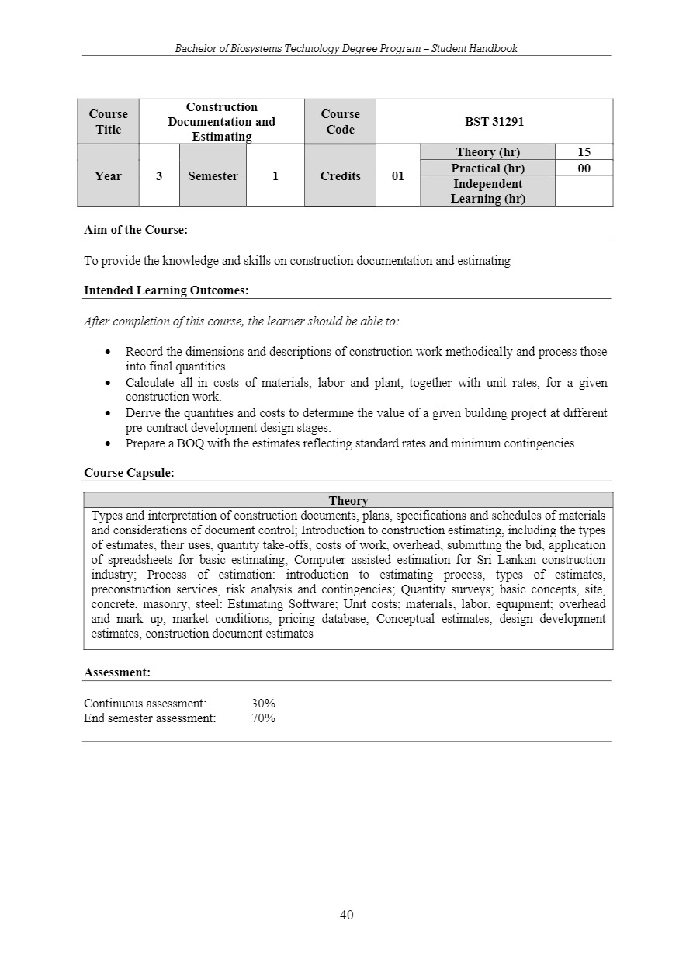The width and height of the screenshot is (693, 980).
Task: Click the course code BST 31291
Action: [494, 121]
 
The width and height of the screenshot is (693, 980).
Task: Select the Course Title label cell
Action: [109, 121]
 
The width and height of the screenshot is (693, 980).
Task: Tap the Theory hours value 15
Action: [584, 152]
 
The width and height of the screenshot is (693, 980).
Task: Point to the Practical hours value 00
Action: [584, 168]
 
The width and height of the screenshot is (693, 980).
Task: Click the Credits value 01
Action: [397, 175]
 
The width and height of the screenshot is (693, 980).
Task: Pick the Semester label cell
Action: [213, 175]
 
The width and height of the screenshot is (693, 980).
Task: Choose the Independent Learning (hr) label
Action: [487, 191]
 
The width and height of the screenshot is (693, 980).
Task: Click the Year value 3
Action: [159, 175]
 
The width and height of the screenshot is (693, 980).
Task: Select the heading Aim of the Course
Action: [136, 230]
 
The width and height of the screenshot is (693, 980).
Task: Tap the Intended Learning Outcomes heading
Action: [166, 290]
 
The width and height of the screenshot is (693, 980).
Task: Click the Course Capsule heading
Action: [129, 472]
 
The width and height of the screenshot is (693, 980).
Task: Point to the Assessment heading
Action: [117, 672]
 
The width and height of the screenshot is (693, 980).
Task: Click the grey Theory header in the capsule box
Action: [348, 501]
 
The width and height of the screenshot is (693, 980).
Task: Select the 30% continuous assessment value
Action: [263, 704]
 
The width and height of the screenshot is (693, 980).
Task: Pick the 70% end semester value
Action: [263, 718]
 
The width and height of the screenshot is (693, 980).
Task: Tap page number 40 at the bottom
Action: [347, 915]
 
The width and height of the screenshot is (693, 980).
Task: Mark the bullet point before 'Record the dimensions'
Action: [109, 352]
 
